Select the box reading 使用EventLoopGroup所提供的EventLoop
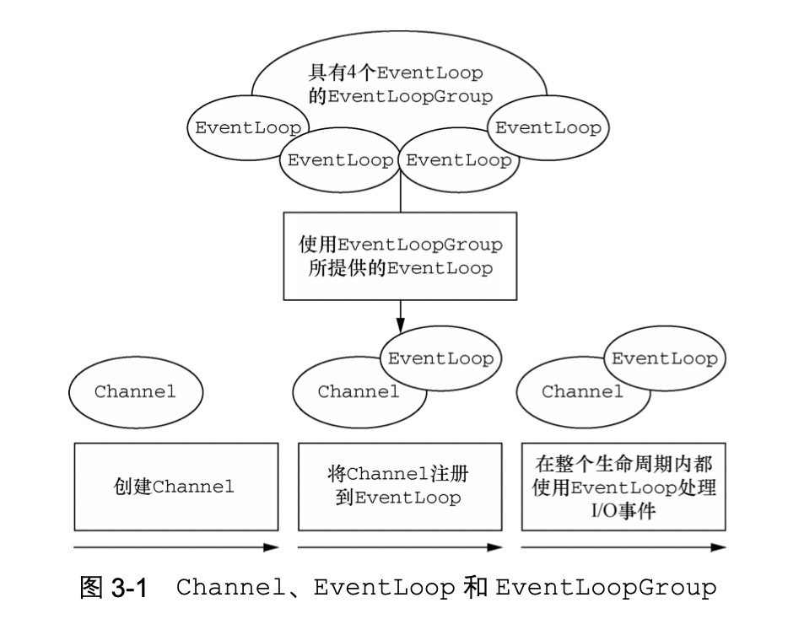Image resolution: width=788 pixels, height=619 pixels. pyautogui.click(x=400, y=256)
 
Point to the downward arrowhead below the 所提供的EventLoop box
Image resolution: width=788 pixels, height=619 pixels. pyautogui.click(x=400, y=325)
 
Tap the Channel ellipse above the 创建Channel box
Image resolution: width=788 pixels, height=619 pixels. pyautogui.click(x=136, y=391)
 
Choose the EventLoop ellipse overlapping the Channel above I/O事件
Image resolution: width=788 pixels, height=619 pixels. pyautogui.click(x=664, y=358)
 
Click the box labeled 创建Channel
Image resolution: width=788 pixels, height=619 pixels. pyautogui.click(x=175, y=486)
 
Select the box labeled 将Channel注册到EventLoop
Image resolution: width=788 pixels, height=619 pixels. pyautogui.click(x=400, y=486)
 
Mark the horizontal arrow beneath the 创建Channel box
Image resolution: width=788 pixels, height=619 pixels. pyautogui.click(x=175, y=547)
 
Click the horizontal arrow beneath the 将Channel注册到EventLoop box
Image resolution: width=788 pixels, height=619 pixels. pyautogui.click(x=400, y=547)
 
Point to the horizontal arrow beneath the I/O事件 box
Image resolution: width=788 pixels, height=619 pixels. pyautogui.click(x=624, y=547)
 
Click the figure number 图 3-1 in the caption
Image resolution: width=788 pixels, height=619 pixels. pyautogui.click(x=112, y=588)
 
